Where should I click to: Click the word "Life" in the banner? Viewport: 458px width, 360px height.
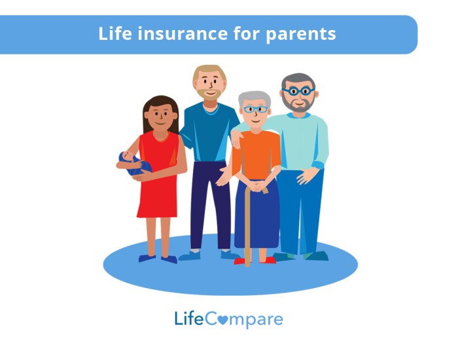[x=113, y=33]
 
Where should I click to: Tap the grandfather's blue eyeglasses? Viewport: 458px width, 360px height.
[x=298, y=90]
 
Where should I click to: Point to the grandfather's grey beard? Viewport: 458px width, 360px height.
[x=298, y=105]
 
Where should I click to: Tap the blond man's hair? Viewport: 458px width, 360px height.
[x=208, y=71]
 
